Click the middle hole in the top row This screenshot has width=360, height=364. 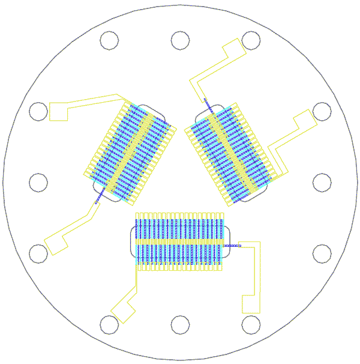(x=180, y=40)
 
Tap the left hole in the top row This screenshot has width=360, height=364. (x=109, y=40)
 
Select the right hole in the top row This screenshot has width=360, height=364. (x=251, y=40)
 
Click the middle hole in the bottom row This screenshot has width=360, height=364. (x=180, y=325)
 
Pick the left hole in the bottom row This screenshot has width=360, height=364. (x=109, y=325)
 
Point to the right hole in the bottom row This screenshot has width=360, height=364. (x=251, y=325)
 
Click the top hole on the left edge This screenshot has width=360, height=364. (x=38, y=112)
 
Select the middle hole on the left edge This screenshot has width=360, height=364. (x=38, y=183)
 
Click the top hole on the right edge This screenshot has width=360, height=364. (x=322, y=112)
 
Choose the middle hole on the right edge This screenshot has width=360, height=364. (x=322, y=183)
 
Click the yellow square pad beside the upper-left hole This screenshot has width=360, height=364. (x=58, y=111)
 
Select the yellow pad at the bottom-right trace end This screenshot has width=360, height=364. (x=251, y=304)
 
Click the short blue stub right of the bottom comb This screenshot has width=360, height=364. (x=231, y=246)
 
